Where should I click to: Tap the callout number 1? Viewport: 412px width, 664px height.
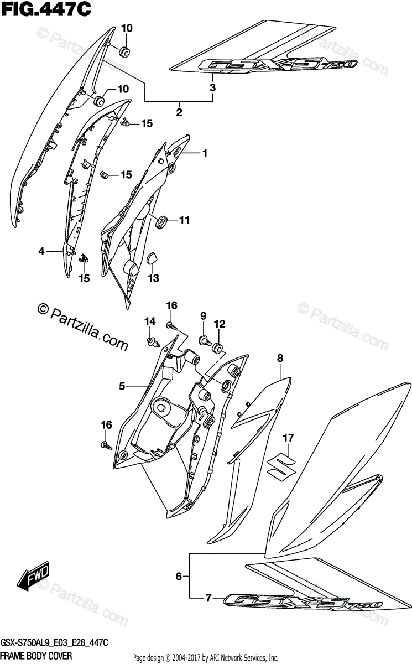click(204, 153)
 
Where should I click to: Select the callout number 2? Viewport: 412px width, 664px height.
click(179, 112)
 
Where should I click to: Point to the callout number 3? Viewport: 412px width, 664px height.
click(212, 87)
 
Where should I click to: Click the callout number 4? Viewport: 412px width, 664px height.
click(41, 252)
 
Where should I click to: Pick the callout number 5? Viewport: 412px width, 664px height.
click(123, 386)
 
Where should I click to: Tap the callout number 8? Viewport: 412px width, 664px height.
click(280, 359)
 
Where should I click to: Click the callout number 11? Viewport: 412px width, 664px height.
click(184, 220)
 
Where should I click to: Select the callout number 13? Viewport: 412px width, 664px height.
click(154, 277)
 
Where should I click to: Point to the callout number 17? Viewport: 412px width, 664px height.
click(287, 438)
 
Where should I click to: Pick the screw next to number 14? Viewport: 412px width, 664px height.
click(150, 341)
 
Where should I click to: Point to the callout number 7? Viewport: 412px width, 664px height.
click(208, 598)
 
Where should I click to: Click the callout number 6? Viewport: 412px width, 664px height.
click(179, 577)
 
